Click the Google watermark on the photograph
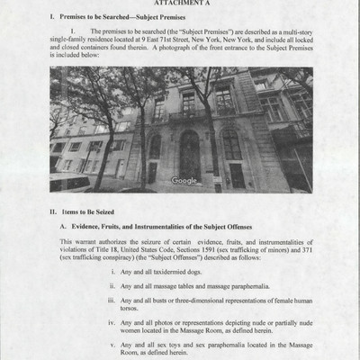pos(184,180)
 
